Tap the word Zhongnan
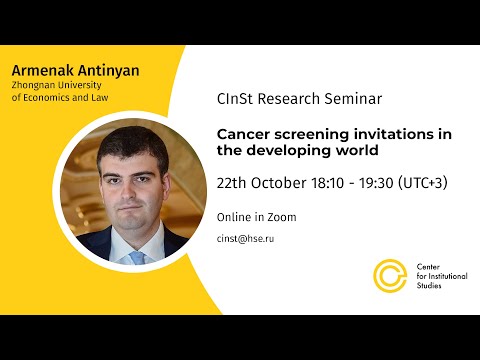pyautogui.click(x=36, y=88)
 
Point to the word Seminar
pyautogui.click(x=353, y=101)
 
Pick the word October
pyautogui.click(x=284, y=184)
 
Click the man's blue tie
pyautogui.click(x=137, y=257)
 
